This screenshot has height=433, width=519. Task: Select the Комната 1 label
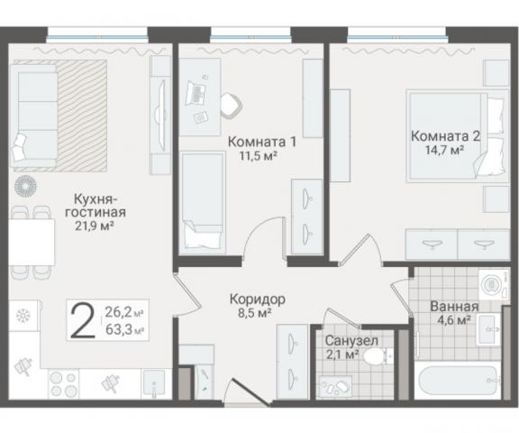click(x=262, y=142)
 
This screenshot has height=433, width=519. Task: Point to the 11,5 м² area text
click(x=257, y=156)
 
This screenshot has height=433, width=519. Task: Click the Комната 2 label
click(x=445, y=136)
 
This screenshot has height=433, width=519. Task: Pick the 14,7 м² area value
click(x=443, y=151)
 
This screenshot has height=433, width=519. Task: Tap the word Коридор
click(x=258, y=299)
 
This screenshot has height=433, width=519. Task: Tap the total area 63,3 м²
click(x=126, y=330)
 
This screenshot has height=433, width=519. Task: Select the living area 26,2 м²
click(x=126, y=313)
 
